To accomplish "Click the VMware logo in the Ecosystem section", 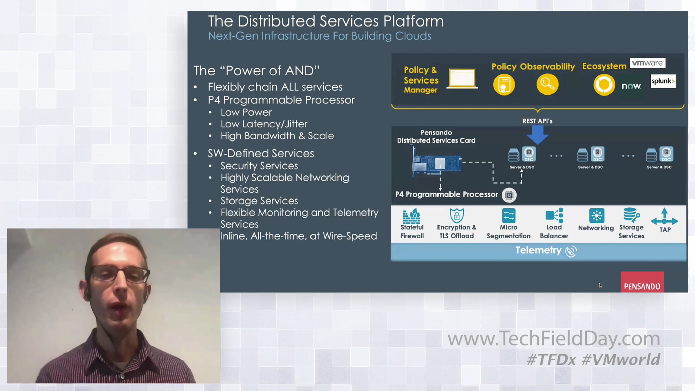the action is point(648,63).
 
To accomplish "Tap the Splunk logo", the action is point(663,81).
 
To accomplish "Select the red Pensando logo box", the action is point(642,282).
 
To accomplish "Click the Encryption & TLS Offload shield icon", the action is point(457,215).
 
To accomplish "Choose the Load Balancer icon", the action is point(554,215).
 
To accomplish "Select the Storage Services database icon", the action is point(631,215).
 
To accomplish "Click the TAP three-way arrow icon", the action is point(664,217).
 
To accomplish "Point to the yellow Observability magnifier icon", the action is point(547,84).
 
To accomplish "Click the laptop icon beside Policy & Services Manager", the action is point(462,78).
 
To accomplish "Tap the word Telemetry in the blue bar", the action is point(538,250).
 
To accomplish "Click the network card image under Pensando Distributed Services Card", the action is point(437,163).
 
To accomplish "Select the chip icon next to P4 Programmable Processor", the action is point(509,195).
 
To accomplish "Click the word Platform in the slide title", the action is point(413,21).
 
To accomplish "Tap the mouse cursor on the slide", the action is point(601,286).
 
